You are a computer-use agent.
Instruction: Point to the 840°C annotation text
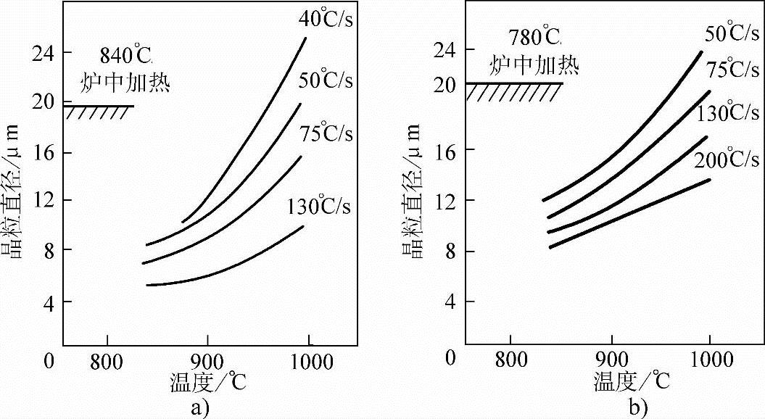point(128,55)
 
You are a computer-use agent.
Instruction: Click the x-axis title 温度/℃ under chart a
point(207,382)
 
